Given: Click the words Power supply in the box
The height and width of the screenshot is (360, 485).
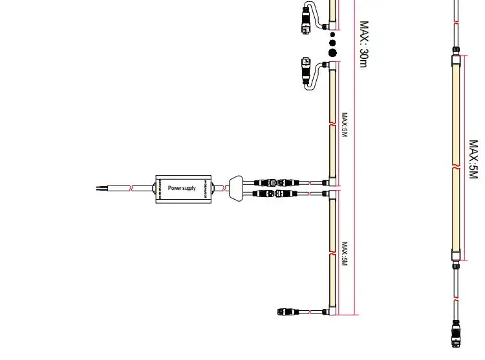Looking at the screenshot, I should (182, 188).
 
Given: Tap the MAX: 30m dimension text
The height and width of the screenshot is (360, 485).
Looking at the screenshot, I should (363, 43).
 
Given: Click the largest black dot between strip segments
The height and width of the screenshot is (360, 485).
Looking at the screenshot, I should (333, 52).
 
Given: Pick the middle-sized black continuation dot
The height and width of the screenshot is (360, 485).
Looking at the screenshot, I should (333, 41).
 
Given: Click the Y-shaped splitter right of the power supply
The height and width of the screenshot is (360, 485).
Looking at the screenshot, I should (237, 187).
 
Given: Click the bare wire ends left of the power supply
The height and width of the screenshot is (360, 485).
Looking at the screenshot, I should (100, 188).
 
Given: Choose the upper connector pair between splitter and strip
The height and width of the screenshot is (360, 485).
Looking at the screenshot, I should (268, 183).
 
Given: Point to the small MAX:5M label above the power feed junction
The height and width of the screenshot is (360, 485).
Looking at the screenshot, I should (345, 125).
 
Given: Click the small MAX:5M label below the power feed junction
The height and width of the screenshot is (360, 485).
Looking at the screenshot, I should (345, 254).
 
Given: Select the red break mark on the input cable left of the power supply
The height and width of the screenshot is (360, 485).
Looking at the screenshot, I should (132, 188).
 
